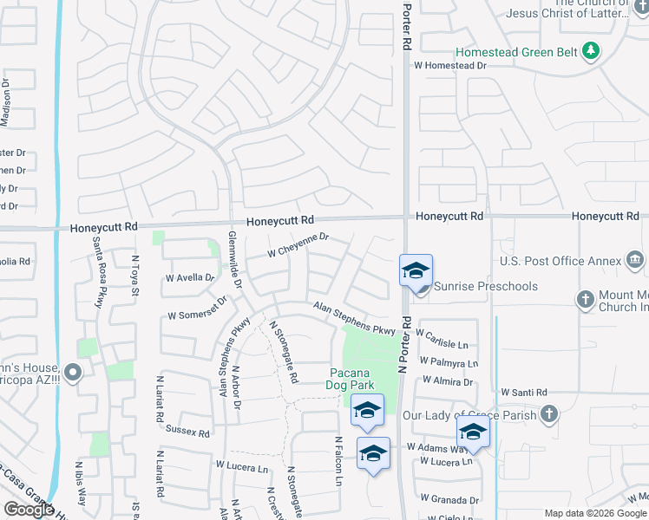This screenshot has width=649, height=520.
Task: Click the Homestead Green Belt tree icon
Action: click(591, 51)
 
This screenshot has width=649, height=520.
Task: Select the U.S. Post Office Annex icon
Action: click(634, 260)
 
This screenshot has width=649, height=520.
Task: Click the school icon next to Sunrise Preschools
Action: click(416, 270)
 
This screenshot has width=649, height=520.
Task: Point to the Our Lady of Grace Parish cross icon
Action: click(547, 415)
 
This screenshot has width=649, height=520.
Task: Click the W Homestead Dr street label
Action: click(450, 65)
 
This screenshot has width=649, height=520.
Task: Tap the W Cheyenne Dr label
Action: click(298, 244)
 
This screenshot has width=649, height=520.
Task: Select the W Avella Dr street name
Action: click(189, 278)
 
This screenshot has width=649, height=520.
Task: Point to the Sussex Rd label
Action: click(188, 432)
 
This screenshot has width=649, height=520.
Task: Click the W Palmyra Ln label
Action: click(449, 362)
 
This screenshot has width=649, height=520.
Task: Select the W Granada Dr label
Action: click(449, 499)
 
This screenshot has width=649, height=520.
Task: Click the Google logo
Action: click(29, 510)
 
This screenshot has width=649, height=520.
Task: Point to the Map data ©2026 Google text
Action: click(594, 513)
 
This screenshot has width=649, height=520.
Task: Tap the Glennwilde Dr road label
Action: click(234, 260)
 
